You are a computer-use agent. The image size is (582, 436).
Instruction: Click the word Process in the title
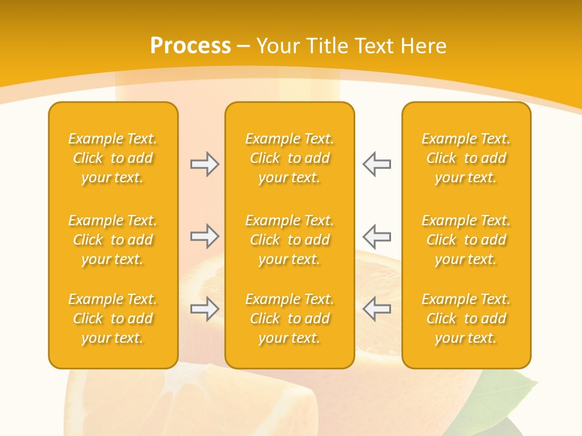click(x=190, y=46)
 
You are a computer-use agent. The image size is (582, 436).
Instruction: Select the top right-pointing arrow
click(x=204, y=164)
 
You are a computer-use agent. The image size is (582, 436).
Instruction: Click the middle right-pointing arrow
click(x=204, y=236)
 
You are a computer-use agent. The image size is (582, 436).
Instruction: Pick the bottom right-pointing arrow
click(x=204, y=309)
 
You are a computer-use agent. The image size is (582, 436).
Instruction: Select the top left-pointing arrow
click(x=376, y=164)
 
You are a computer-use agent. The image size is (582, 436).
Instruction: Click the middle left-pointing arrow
click(x=376, y=236)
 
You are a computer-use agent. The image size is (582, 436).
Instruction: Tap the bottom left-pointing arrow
click(x=376, y=309)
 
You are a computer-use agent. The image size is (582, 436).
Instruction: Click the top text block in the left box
click(x=113, y=158)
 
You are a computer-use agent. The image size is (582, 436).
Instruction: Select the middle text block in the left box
click(x=113, y=240)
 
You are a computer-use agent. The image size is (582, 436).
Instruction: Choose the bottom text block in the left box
click(x=113, y=319)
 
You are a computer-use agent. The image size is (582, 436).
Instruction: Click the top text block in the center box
click(x=289, y=158)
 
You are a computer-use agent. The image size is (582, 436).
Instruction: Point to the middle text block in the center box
click(x=289, y=240)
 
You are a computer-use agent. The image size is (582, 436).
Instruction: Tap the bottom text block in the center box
click(x=289, y=319)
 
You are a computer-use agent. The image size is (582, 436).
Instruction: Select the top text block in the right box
click(x=466, y=158)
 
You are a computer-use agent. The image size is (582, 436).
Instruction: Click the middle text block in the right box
click(x=466, y=240)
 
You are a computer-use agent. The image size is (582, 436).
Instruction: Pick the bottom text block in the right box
click(x=466, y=319)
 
